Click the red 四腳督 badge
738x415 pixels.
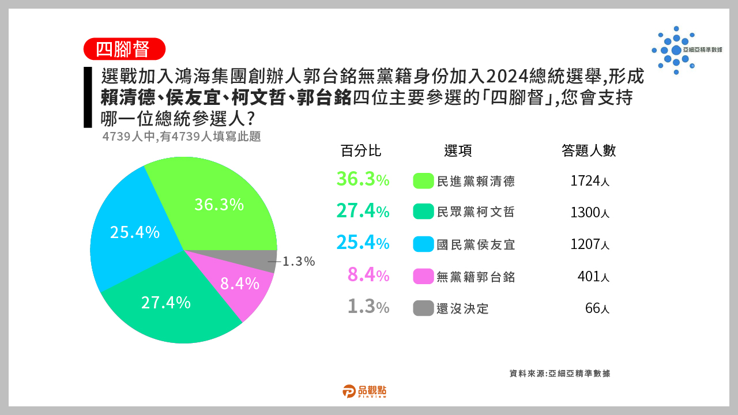pos(124,49)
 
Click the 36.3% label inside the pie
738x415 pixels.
pos(219,205)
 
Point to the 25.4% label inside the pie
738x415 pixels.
pos(135,232)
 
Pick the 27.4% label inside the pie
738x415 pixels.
pos(165,303)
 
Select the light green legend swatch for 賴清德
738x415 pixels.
pos(423,181)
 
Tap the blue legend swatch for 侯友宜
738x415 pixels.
pos(423,244)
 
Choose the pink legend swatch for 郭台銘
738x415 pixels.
pos(423,276)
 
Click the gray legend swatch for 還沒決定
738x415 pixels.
pos(423,308)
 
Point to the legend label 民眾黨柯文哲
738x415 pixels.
pos(476,212)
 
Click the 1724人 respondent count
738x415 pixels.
pos(590,181)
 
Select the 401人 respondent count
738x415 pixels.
pos(593,276)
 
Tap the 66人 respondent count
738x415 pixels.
pos(597,308)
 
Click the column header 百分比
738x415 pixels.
pos(361,151)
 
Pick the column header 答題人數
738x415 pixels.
pos(589,151)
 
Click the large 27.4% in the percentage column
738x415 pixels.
pos(363,211)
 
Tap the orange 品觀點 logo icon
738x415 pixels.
pos(349,391)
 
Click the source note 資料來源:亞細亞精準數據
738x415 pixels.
pos(560,373)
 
